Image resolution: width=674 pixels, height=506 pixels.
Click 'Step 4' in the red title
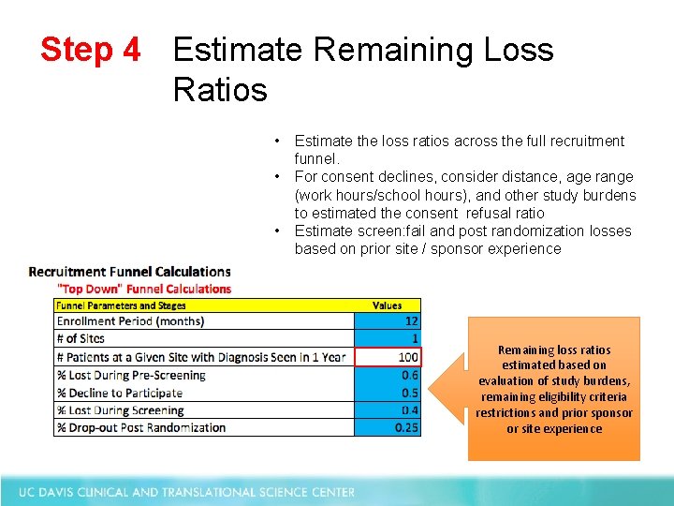(90, 50)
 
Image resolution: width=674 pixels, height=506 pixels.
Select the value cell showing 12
(388, 320)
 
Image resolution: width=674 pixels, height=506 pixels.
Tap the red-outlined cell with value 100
(388, 356)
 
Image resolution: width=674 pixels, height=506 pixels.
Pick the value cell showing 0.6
(388, 374)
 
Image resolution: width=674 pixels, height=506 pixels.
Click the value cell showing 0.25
(388, 427)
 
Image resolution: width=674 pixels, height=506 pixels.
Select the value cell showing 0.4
(388, 409)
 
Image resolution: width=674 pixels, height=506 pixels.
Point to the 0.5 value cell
(388, 392)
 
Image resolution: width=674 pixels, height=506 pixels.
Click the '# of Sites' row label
(81, 338)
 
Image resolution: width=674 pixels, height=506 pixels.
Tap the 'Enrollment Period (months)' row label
(130, 320)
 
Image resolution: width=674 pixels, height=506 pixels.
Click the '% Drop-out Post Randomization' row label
(141, 427)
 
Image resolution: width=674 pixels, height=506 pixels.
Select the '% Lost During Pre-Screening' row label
(131, 374)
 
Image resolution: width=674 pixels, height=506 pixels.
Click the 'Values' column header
(387, 305)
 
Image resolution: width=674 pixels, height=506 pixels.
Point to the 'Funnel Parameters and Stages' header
(121, 305)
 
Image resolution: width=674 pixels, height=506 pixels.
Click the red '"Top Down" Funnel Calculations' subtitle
(144, 289)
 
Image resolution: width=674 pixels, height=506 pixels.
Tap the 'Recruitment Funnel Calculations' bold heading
(130, 272)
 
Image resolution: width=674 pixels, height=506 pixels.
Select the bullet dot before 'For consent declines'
(279, 176)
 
